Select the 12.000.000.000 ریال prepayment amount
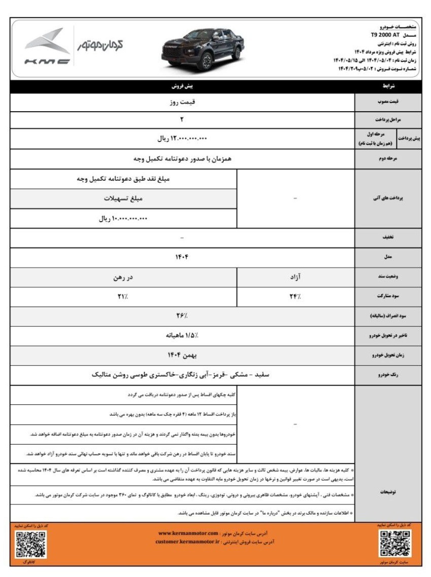182,138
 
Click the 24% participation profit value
295,296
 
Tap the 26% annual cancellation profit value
182,316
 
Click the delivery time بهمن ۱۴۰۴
182,356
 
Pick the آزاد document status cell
295,277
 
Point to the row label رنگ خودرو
388,376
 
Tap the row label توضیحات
388,492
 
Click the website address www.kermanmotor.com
188,533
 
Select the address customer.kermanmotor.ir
189,542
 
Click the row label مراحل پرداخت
388,120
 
